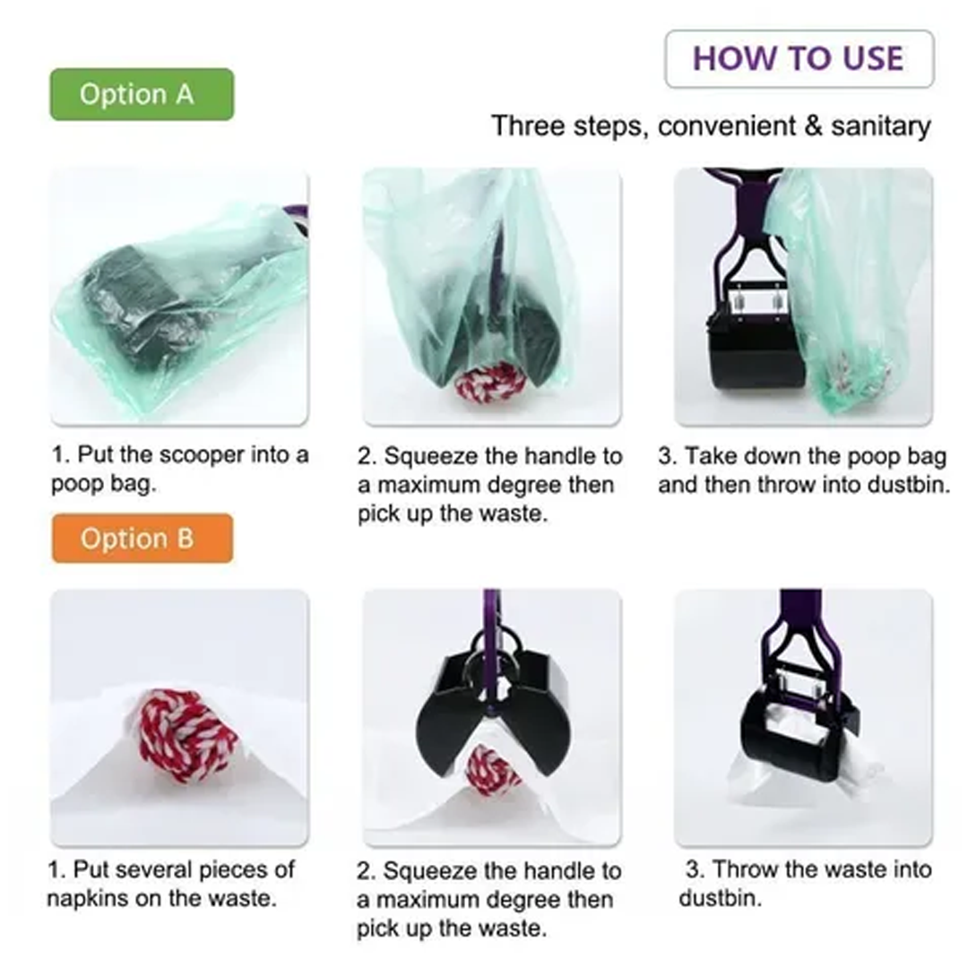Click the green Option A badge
point(142,94)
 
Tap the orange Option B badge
point(143,539)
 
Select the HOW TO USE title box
point(799,59)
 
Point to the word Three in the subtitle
point(527,126)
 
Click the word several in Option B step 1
point(155,869)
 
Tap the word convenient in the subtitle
point(727,126)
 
